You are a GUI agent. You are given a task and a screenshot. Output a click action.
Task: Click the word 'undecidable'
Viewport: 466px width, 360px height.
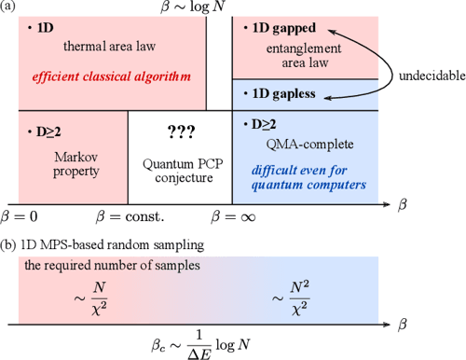pos(421,76)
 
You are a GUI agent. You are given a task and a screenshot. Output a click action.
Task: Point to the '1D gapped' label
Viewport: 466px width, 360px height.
pos(280,29)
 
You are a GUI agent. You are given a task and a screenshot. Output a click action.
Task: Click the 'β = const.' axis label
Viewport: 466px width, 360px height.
pos(130,216)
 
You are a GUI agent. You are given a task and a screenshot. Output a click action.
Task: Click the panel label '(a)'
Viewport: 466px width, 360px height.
pos(12,8)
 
